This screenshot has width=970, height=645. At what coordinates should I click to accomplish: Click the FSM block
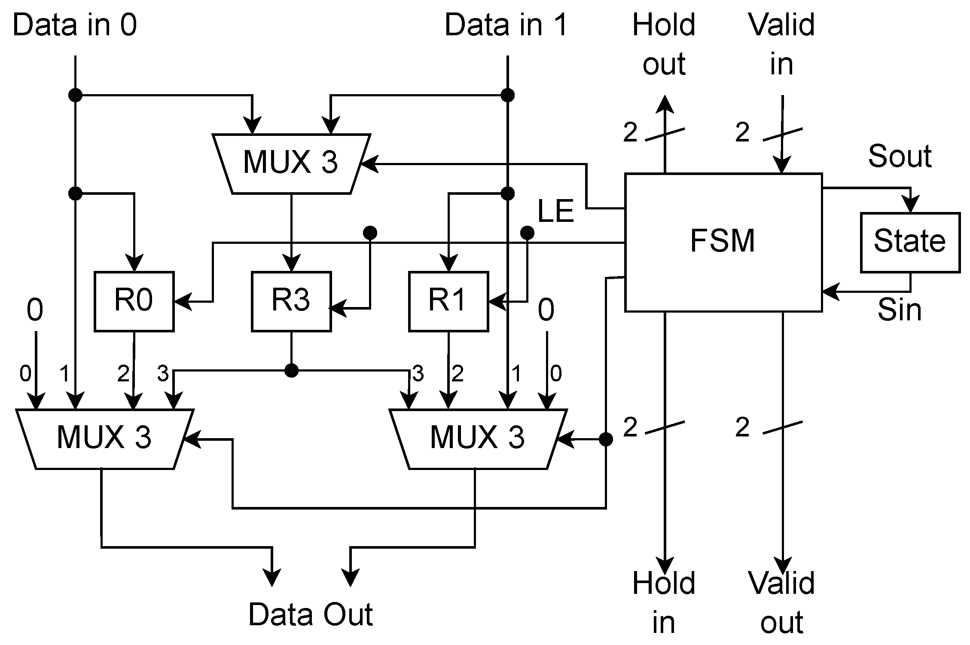723,242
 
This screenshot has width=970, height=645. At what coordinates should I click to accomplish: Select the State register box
910,242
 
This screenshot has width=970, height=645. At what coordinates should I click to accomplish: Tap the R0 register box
134,301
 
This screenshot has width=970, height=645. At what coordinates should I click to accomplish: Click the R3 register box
291,301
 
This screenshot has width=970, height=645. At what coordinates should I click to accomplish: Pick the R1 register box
448,301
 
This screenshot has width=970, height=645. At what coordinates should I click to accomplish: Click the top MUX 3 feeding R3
291,163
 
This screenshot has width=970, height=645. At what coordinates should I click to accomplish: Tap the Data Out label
311,615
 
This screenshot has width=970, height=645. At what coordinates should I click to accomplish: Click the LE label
556,212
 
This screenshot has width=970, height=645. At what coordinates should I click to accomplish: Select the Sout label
900,156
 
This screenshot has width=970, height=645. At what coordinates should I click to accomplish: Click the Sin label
900,310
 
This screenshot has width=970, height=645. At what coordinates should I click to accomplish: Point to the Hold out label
664,44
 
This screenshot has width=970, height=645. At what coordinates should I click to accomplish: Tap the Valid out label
781,603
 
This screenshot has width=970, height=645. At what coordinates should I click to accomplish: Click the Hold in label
664,603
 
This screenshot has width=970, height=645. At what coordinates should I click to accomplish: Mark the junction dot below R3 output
291,370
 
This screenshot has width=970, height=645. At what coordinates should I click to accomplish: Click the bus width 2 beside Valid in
742,132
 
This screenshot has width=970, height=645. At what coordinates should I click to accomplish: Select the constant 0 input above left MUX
35,310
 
